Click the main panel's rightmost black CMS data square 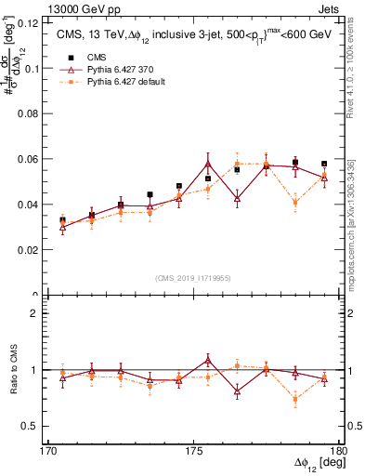coord(324,164)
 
